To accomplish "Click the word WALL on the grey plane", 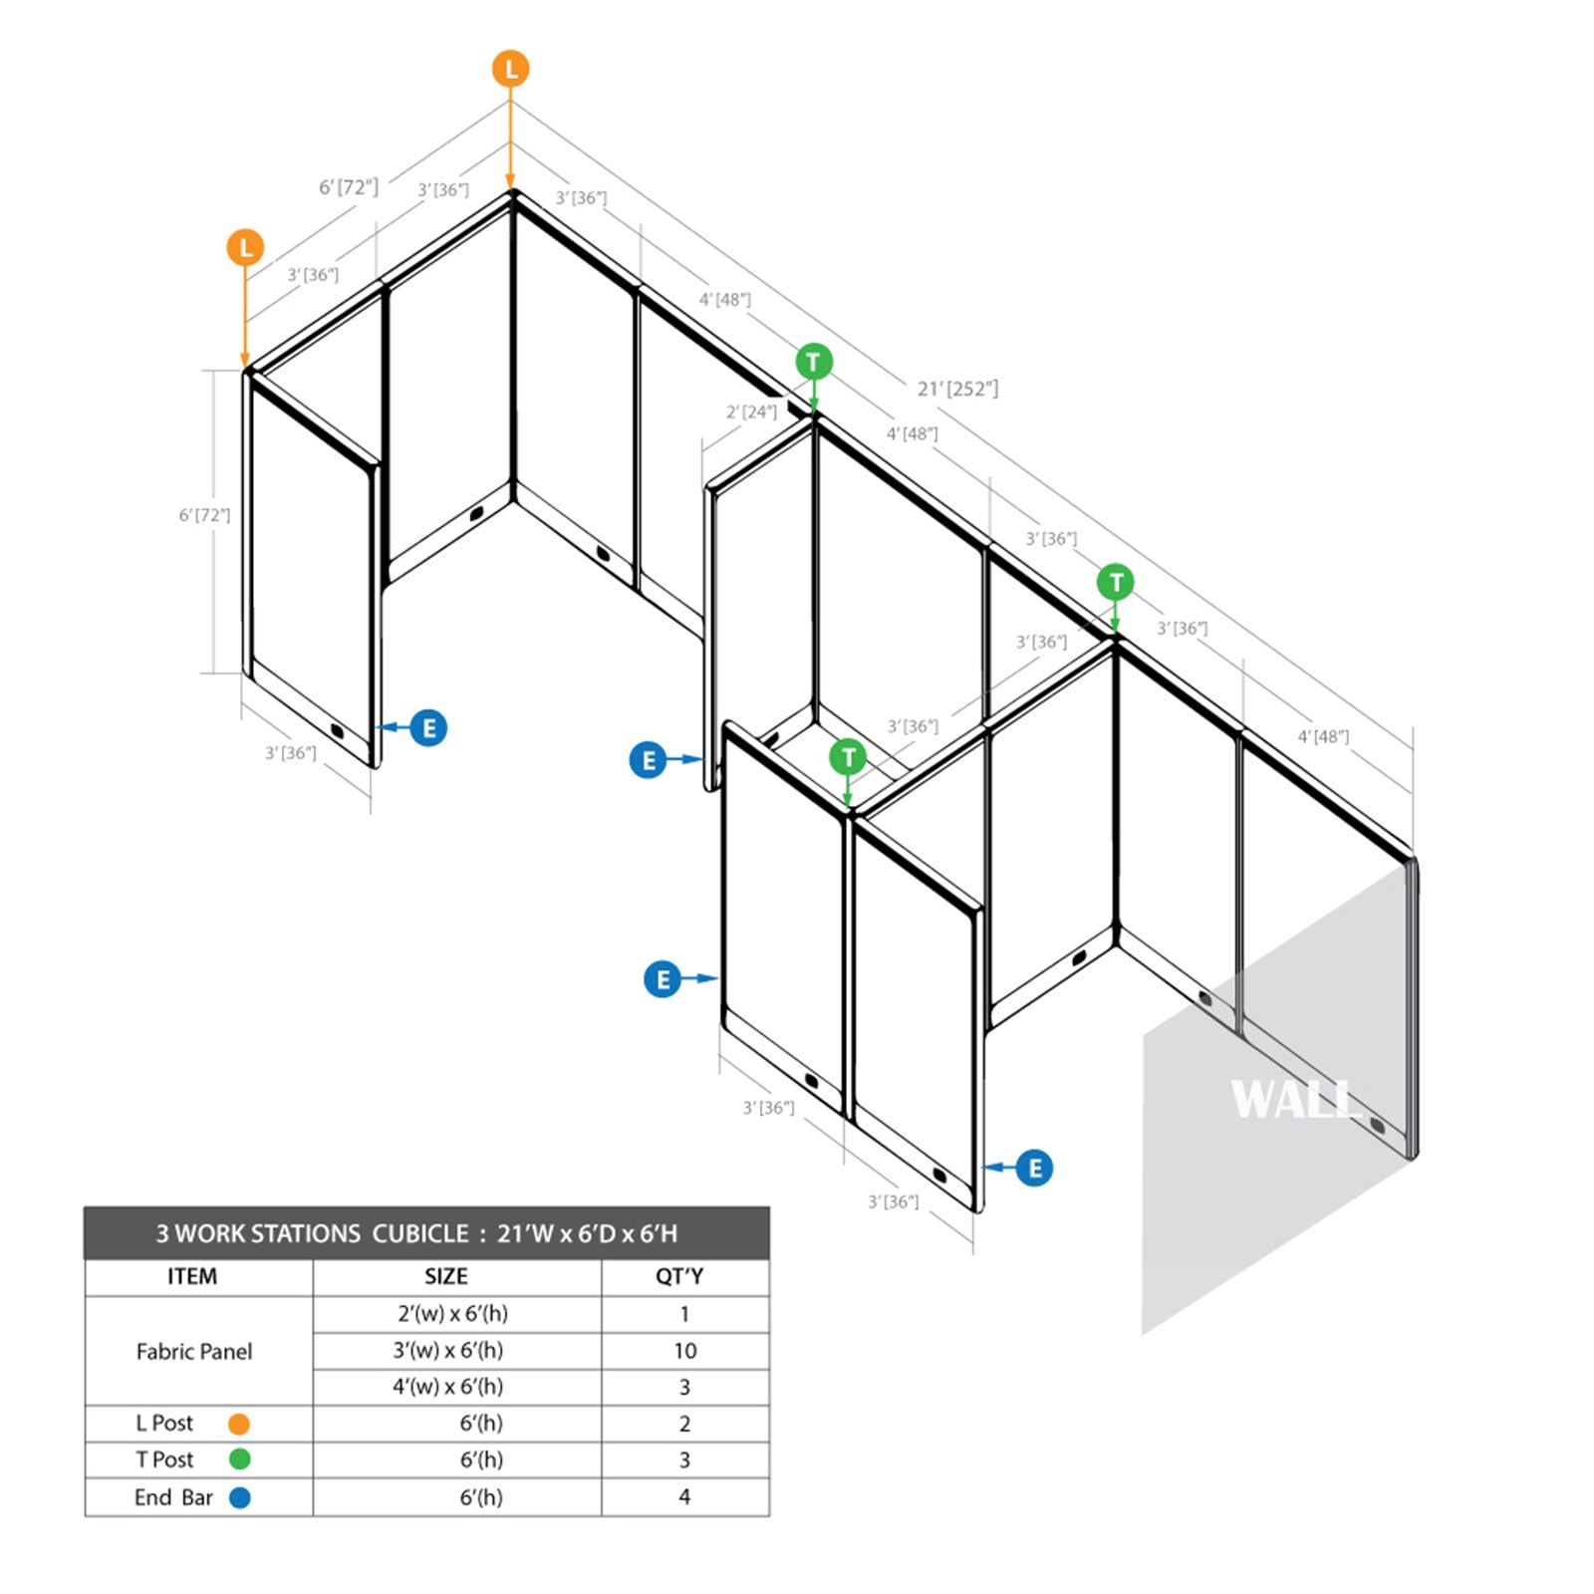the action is pyautogui.click(x=1296, y=1100).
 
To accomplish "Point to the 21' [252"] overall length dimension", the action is pyautogui.click(x=957, y=389).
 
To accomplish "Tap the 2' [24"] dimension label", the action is pyautogui.click(x=751, y=411).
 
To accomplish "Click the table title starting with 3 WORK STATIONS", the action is pyautogui.click(x=416, y=1233).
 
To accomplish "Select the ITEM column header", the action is pyautogui.click(x=192, y=1276).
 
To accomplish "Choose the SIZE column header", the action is pyautogui.click(x=445, y=1276).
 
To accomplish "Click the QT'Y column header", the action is pyautogui.click(x=679, y=1276).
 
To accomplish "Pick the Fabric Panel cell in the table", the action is pyautogui.click(x=194, y=1351).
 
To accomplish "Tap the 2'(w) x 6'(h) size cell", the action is pyautogui.click(x=452, y=1314).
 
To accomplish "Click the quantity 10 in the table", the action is pyautogui.click(x=684, y=1351).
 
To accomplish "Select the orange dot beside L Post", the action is pyautogui.click(x=239, y=1424).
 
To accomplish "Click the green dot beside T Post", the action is pyautogui.click(x=239, y=1460).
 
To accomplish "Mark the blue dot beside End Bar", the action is pyautogui.click(x=239, y=1497).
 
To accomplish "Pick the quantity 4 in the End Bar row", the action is pyautogui.click(x=684, y=1496).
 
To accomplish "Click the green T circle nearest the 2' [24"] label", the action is pyautogui.click(x=814, y=362).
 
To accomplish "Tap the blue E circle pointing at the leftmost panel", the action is pyautogui.click(x=428, y=728).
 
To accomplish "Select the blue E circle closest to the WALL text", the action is pyautogui.click(x=1034, y=1168).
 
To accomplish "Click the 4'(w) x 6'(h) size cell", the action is pyautogui.click(x=447, y=1387).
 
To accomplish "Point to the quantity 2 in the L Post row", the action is pyautogui.click(x=684, y=1424).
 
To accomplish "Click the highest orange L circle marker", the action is pyautogui.click(x=510, y=69).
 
